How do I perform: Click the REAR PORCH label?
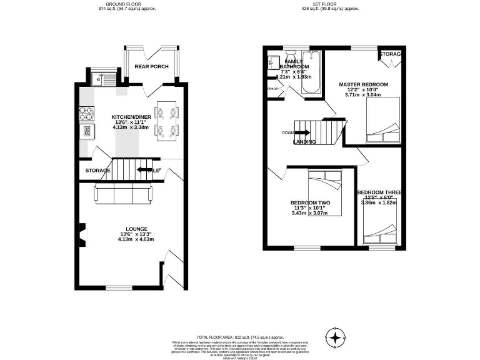(x=151, y=67)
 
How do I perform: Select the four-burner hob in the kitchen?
(x=86, y=113)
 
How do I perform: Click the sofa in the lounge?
(x=122, y=195)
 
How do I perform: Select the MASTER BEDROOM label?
(x=363, y=84)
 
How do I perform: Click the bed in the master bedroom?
(x=382, y=121)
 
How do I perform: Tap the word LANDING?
(x=304, y=142)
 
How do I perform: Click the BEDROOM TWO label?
(x=310, y=202)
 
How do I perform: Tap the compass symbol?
(x=336, y=337)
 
